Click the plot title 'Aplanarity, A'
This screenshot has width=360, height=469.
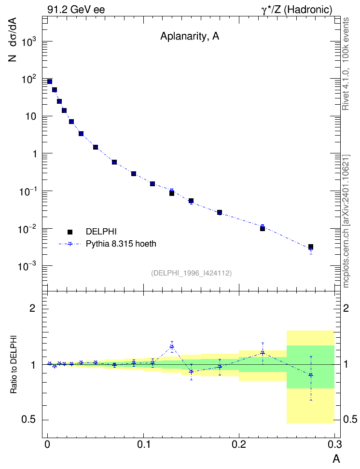pyautogui.click(x=190, y=36)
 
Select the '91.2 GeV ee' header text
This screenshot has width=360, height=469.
pyautogui.click(x=76, y=10)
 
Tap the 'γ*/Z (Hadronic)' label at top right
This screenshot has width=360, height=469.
pyautogui.click(x=297, y=10)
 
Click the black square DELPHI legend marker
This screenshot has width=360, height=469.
pyautogui.click(x=70, y=232)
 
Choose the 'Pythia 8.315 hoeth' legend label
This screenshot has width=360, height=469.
pyautogui.click(x=121, y=244)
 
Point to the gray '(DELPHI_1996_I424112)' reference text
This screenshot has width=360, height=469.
pyautogui.click(x=191, y=273)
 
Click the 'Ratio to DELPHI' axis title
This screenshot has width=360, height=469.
pyautogui.click(x=14, y=364)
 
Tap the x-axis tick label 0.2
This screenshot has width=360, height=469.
pyautogui.click(x=239, y=444)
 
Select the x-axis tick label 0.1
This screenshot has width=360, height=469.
pyautogui.click(x=144, y=444)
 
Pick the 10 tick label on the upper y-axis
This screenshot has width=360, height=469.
pyautogui.click(x=30, y=116)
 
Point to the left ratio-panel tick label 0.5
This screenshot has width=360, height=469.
pyautogui.click(x=28, y=420)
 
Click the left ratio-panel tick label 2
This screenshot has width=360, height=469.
pyautogui.click(x=32, y=308)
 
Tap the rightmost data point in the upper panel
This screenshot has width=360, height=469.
pyautogui.click(x=311, y=247)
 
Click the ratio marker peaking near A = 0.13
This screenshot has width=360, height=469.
pyautogui.click(x=172, y=347)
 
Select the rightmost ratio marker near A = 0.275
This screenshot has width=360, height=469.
pyautogui.click(x=311, y=375)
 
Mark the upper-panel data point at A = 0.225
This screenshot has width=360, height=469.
pyautogui.click(x=263, y=228)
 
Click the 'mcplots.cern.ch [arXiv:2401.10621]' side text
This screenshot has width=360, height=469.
pyautogui.click(x=346, y=221)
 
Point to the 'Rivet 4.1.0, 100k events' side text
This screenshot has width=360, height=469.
pyautogui.click(x=346, y=64)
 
